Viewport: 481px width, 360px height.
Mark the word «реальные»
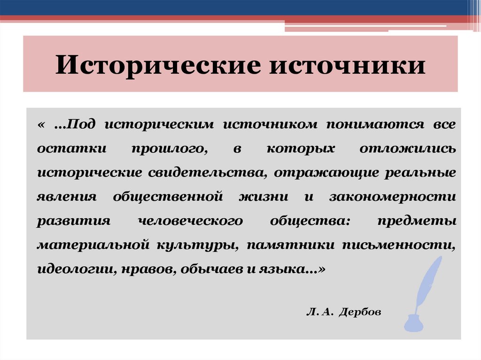pyautogui.click(x=421, y=172)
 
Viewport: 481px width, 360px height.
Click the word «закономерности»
pyautogui.click(x=392, y=197)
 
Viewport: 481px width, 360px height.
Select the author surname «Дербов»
pyautogui.click(x=358, y=312)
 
